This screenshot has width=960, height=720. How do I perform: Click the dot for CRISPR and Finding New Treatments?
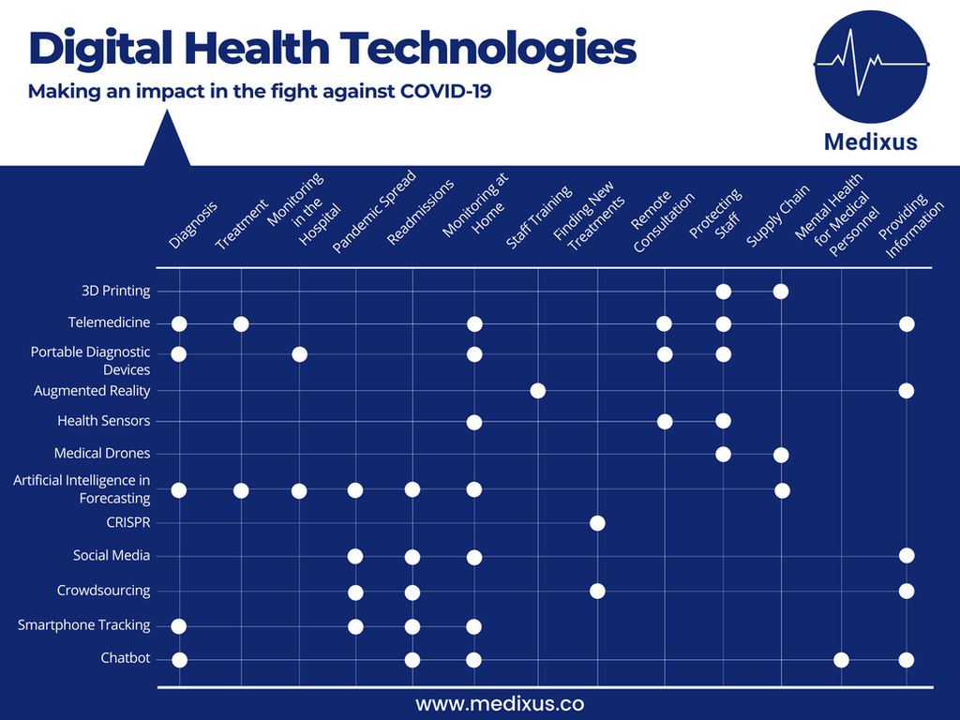(x=597, y=522)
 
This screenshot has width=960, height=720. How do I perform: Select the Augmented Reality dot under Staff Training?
(x=537, y=390)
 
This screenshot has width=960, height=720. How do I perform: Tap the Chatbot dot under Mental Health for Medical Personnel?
(x=841, y=659)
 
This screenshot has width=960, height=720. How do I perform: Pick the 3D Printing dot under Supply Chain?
(x=781, y=291)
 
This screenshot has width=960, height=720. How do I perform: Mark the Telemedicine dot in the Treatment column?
(x=241, y=323)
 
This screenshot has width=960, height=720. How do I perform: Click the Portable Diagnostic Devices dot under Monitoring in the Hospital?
(x=299, y=353)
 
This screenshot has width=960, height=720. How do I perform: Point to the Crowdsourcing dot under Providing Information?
(x=906, y=591)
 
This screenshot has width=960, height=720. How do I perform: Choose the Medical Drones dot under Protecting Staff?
(x=723, y=455)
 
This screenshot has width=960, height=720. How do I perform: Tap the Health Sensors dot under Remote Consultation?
(x=665, y=421)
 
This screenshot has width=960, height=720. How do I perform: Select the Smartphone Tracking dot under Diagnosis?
(x=179, y=625)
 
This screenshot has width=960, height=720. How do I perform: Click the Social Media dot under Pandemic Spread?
(x=355, y=556)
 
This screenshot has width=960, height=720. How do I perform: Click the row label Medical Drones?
(x=102, y=454)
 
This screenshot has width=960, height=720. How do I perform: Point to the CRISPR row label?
(x=128, y=522)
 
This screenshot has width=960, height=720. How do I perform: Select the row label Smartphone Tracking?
(x=83, y=625)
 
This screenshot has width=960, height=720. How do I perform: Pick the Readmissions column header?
(x=419, y=212)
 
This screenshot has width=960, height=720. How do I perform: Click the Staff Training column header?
(x=538, y=217)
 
